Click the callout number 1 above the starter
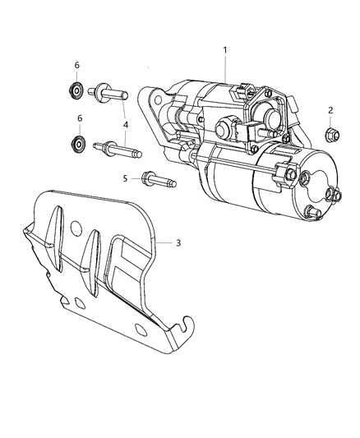[x=225, y=50]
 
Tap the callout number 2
[x=330, y=110]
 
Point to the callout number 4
[x=126, y=124]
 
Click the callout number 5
[x=126, y=178]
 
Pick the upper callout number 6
[x=78, y=65]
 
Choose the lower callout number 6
[x=80, y=118]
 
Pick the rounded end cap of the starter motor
[x=316, y=193]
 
